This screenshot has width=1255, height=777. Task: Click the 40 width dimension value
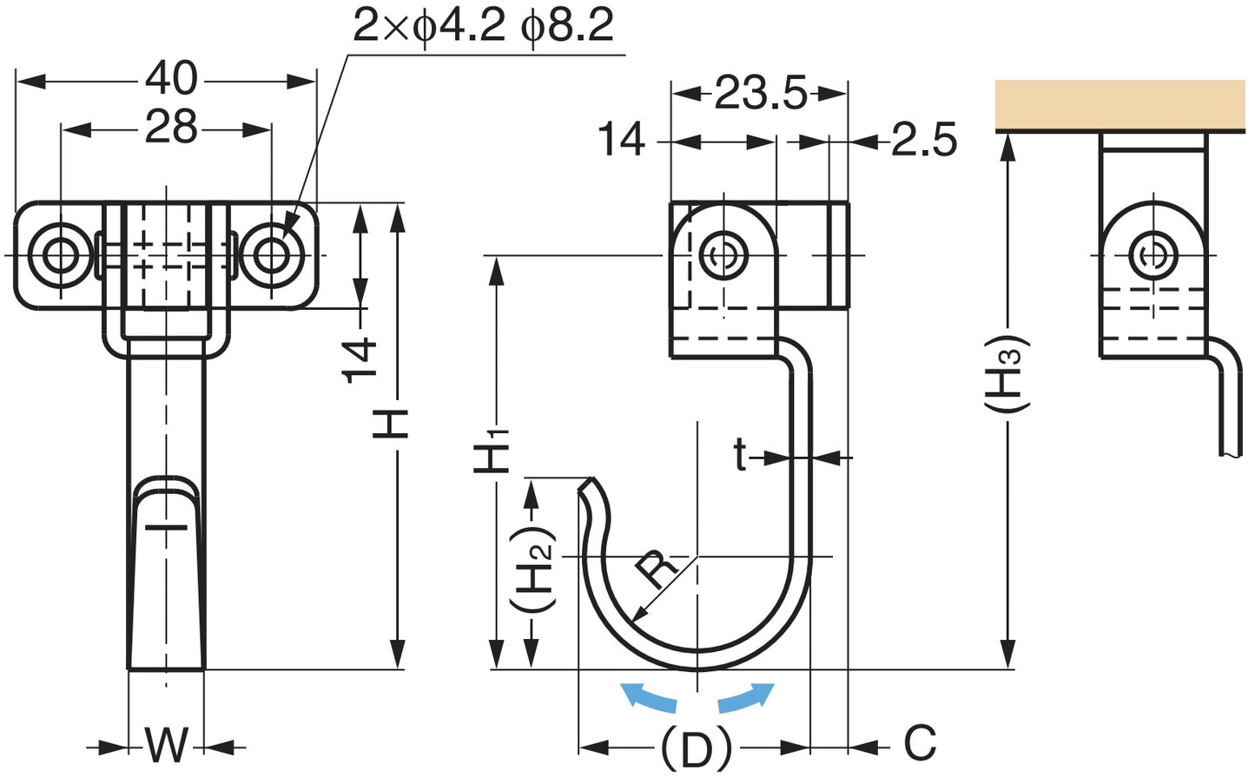pos(171,79)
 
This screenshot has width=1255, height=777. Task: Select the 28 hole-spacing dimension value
pos(171,128)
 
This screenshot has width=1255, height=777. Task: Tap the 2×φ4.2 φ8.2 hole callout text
pos(483,25)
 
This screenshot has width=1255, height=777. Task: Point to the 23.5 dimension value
pos(760,93)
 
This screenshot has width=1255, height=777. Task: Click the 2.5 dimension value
pos(924,140)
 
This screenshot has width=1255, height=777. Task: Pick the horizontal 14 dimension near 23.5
pos(622,140)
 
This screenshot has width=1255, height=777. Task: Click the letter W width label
pos(166,745)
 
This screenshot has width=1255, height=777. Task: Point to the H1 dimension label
pos(492,451)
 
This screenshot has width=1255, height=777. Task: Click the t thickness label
pos(739,454)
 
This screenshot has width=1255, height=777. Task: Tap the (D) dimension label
pos(696,746)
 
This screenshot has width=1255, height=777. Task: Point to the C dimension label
pos(920,743)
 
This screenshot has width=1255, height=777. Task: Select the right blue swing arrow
pos(745,697)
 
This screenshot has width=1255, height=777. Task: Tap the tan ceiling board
pos(1120,104)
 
